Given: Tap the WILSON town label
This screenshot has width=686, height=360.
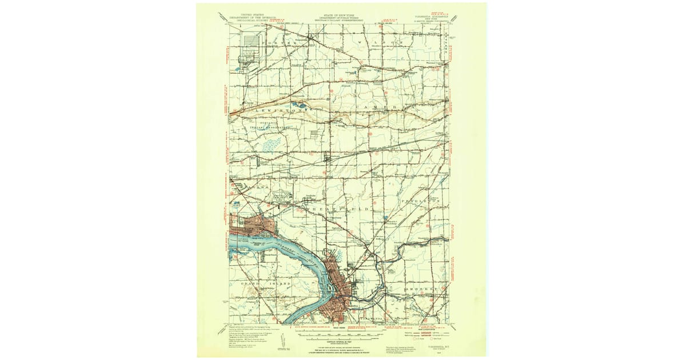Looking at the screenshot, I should [x=376, y=43].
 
